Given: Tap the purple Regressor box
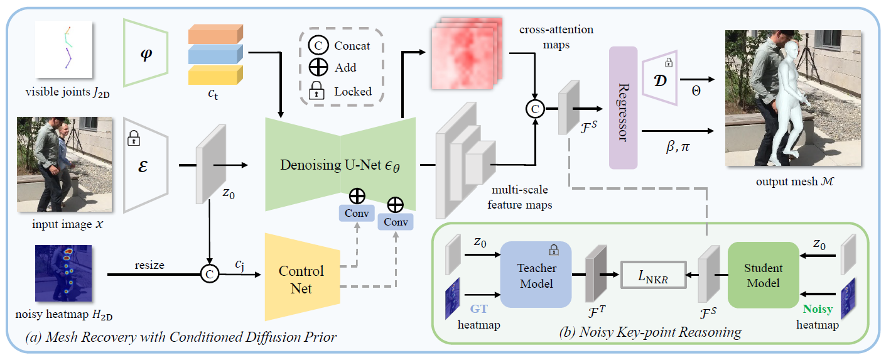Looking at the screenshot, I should (623, 107).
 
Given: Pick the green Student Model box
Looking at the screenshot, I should (763, 275).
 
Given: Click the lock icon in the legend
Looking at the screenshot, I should (316, 91).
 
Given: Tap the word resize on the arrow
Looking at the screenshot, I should (149, 265).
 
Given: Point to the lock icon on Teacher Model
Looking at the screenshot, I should (554, 250).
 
